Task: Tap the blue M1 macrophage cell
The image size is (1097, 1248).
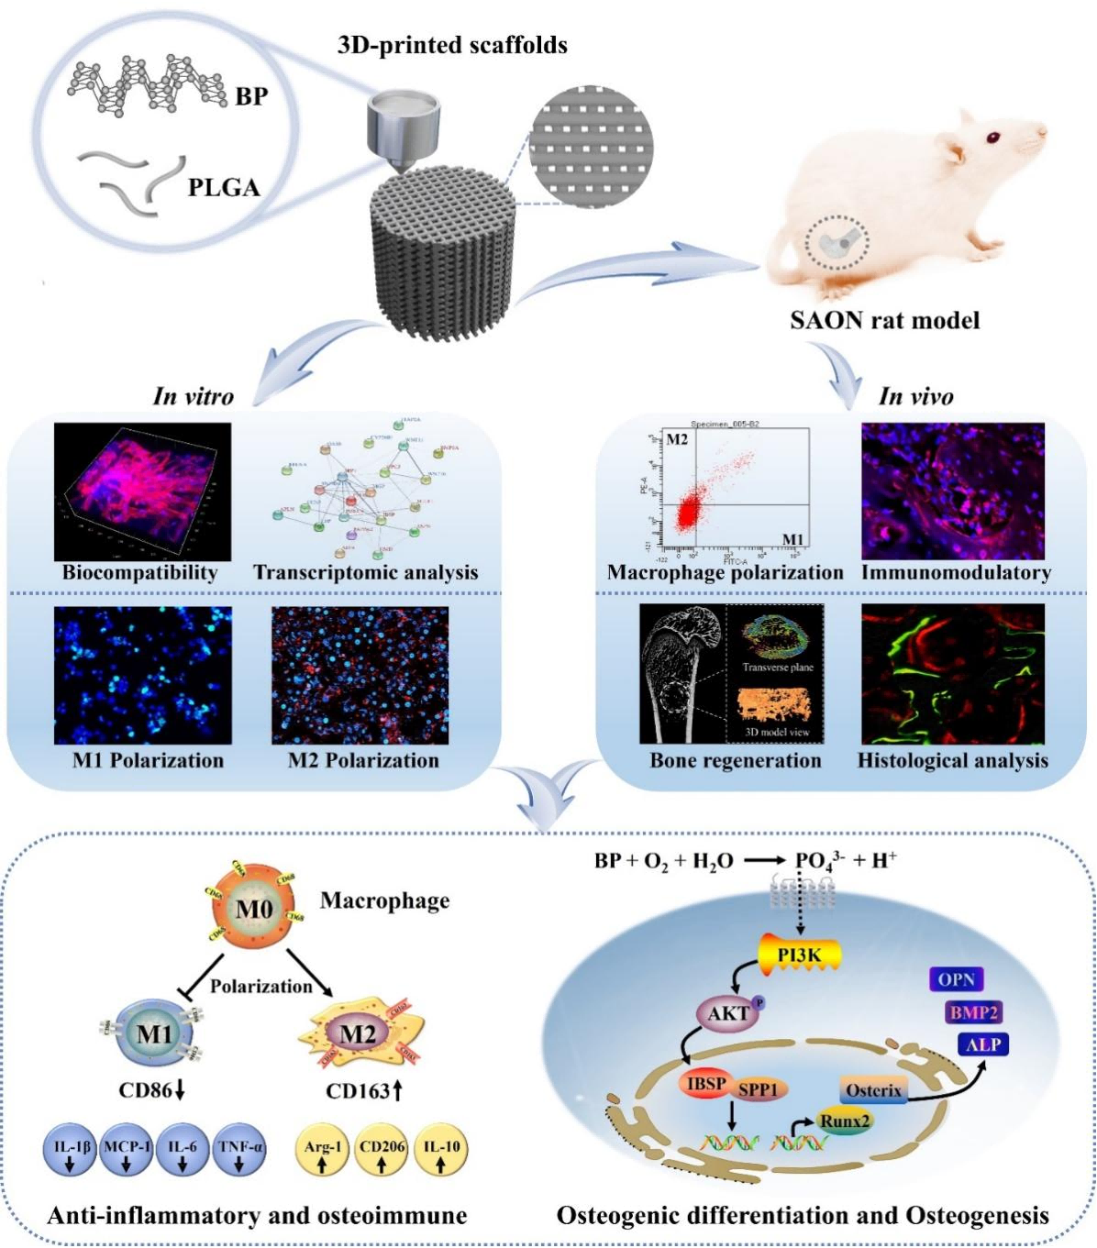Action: click(x=154, y=1033)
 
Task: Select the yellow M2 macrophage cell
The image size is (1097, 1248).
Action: click(x=358, y=1035)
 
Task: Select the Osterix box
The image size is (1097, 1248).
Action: click(x=874, y=1090)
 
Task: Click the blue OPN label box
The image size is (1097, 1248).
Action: click(x=956, y=979)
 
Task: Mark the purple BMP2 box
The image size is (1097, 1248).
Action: click(x=974, y=1012)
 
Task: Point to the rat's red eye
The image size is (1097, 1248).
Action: click(x=992, y=138)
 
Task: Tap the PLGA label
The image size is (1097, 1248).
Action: click(x=224, y=188)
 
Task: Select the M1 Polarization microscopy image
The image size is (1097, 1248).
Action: click(x=142, y=674)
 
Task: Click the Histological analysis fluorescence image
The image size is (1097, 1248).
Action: click(x=953, y=674)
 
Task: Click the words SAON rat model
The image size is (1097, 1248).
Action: click(x=884, y=320)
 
